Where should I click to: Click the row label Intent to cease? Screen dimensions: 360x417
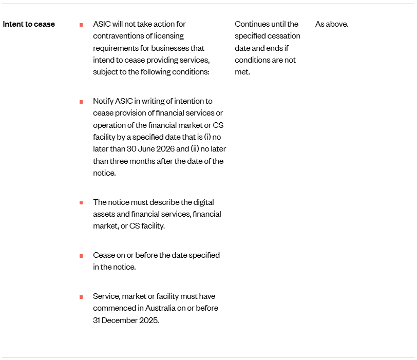[x=29, y=24]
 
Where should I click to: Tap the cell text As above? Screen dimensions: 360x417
[x=331, y=24]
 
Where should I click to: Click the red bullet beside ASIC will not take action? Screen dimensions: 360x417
[x=81, y=25]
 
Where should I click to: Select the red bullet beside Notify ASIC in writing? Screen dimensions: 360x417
[x=81, y=102]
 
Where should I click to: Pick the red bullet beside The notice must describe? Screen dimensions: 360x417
[x=81, y=202]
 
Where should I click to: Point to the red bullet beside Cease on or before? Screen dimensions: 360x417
[x=81, y=255]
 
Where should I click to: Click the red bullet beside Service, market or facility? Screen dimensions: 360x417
[x=81, y=297]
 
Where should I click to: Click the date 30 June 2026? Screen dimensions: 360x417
[x=150, y=149]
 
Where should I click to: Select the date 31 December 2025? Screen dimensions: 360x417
[x=126, y=320]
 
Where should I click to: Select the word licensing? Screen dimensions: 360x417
[x=169, y=36]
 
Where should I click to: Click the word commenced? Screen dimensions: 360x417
[x=113, y=308]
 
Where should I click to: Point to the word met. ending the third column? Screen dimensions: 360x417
[x=242, y=72]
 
